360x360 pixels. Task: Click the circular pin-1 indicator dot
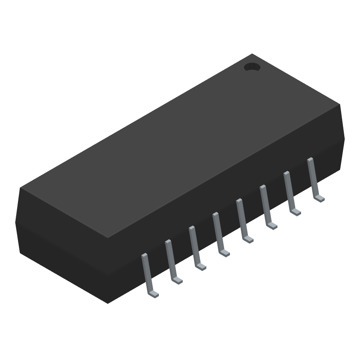coord(252,67)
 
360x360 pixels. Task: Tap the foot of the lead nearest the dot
coord(320,198)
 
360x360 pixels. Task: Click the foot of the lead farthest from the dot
coord(154,295)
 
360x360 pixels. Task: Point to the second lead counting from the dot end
coord(288,191)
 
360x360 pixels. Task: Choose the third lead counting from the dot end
coord(265,204)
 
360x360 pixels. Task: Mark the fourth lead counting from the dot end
coord(241,218)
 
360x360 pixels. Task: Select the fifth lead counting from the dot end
coord(217,232)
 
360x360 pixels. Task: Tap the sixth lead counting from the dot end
coord(193,246)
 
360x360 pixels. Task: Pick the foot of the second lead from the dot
coord(296,212)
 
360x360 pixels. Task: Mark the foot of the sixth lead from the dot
coord(201,267)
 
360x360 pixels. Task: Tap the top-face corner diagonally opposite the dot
coord(108,238)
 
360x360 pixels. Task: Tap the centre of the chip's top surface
coord(180,146)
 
